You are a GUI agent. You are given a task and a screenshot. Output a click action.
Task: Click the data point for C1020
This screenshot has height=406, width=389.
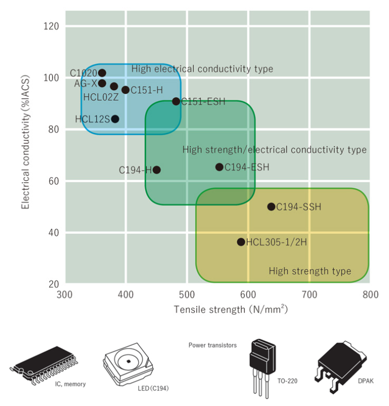pos(102,73)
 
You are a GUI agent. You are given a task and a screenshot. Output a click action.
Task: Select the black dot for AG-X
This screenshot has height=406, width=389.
pos(102,83)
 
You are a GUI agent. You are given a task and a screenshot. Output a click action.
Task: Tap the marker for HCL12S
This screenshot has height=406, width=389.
pos(115,119)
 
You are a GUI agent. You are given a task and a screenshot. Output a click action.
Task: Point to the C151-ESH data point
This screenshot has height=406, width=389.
pos(176,101)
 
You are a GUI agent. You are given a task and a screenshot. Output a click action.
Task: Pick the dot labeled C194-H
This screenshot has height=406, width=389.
pos(156,170)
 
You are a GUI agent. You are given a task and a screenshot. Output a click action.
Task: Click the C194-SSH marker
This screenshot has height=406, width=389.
pos(271,206)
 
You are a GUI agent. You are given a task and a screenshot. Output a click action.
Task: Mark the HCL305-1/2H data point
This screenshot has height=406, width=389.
pos(241,242)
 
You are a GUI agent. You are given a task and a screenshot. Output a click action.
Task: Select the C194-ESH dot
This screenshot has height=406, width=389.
pos(219,167)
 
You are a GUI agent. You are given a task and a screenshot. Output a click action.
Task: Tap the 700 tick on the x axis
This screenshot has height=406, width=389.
pos(309,294)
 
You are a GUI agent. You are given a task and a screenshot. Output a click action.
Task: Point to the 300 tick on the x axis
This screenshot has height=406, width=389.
pos(65,294)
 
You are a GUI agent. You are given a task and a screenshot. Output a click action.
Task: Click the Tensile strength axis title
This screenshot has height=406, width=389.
pos(230,310)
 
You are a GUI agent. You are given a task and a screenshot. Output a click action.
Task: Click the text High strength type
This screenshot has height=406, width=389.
pos(310,271)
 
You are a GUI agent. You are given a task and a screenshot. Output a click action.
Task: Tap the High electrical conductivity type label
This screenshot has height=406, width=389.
pos(202,69)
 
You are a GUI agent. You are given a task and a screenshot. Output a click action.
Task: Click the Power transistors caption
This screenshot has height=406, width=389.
pos(212,345)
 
